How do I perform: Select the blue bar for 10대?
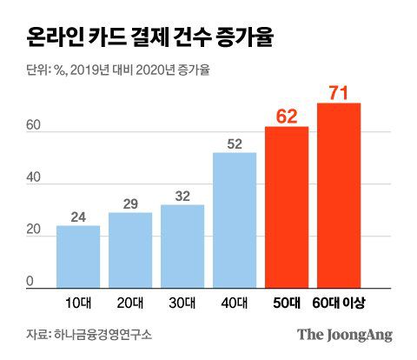(x=78, y=257)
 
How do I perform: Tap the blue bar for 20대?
(x=130, y=250)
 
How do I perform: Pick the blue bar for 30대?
(x=182, y=246)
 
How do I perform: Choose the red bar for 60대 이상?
(x=339, y=196)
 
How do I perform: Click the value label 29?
(x=130, y=203)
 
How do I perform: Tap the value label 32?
(x=182, y=197)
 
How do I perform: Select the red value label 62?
(x=287, y=115)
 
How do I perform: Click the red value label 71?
(x=339, y=91)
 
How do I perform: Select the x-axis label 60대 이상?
(x=339, y=301)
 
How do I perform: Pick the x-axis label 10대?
(x=78, y=301)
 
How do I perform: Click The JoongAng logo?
(x=345, y=335)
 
